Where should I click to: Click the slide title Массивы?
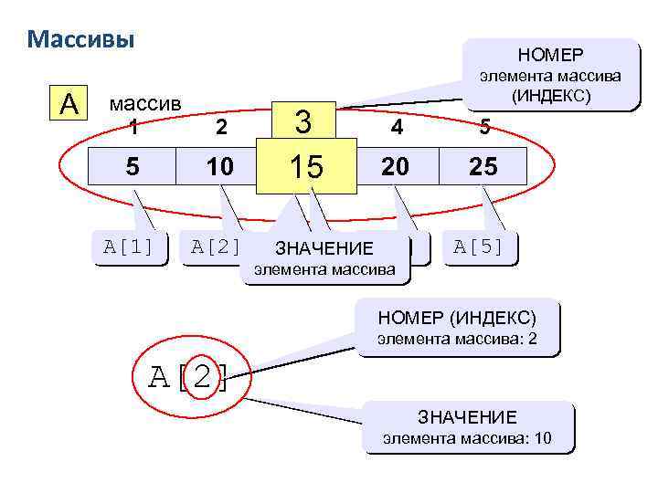tap(81, 40)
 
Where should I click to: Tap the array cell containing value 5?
tap(133, 166)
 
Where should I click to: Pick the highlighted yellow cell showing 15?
tap(306, 166)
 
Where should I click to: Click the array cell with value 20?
tap(397, 166)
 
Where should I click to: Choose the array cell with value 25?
tap(484, 166)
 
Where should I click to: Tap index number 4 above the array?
tap(397, 128)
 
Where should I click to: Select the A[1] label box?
tap(134, 246)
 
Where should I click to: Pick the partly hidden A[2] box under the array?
tap(216, 246)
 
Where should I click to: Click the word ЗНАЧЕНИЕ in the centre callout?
tap(324, 248)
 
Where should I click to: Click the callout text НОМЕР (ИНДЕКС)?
tap(457, 319)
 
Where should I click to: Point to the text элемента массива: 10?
tap(467, 438)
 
